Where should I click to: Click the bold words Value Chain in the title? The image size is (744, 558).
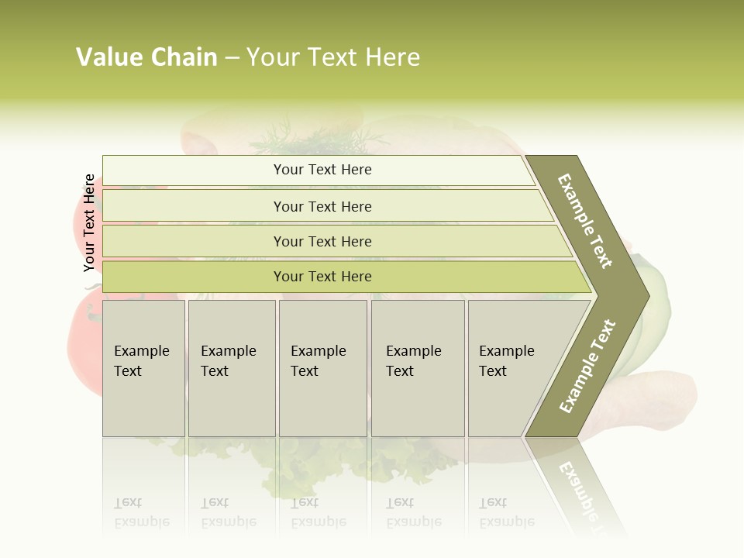pyautogui.click(x=146, y=57)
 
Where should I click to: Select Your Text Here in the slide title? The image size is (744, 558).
pyautogui.click(x=333, y=57)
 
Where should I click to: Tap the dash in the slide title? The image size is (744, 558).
pyautogui.click(x=232, y=58)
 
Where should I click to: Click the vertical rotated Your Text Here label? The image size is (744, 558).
pyautogui.click(x=89, y=223)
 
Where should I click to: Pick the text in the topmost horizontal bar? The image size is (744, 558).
pyautogui.click(x=322, y=170)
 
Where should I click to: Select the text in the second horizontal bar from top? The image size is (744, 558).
pyautogui.click(x=322, y=206)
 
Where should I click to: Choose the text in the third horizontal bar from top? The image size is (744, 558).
pyautogui.click(x=322, y=241)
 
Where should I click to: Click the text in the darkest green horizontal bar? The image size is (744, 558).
pyautogui.click(x=322, y=276)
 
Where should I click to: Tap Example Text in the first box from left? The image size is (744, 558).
pyautogui.click(x=141, y=361)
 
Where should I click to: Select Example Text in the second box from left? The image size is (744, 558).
pyautogui.click(x=228, y=361)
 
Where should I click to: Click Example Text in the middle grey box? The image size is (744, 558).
pyautogui.click(x=318, y=361)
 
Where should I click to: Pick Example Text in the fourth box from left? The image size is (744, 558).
pyautogui.click(x=413, y=361)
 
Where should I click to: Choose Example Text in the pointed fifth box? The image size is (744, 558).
pyautogui.click(x=506, y=361)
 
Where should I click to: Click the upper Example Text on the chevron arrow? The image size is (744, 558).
pyautogui.click(x=585, y=221)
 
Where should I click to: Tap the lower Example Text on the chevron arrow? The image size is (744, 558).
pyautogui.click(x=587, y=366)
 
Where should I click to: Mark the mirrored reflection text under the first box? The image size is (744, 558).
pyautogui.click(x=141, y=512)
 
